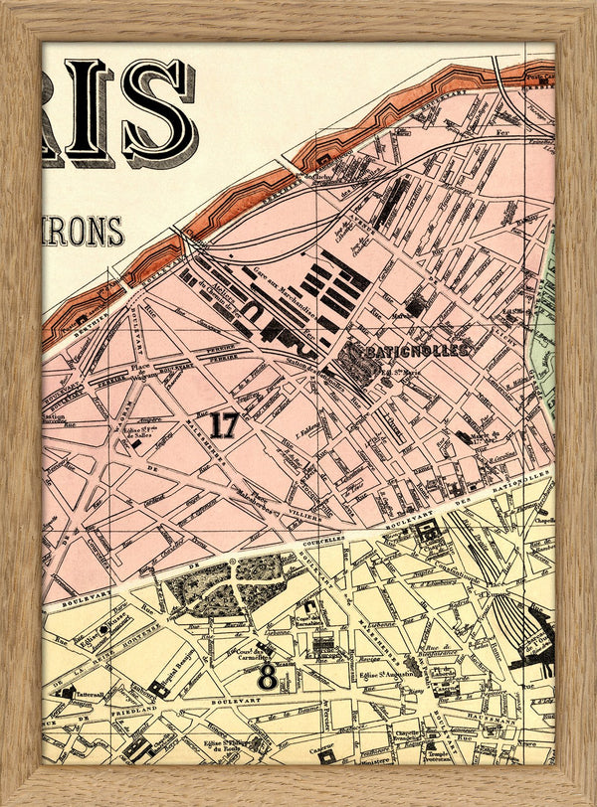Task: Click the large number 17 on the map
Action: [224, 425]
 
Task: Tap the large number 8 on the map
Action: [267, 678]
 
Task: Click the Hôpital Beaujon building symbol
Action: [159, 688]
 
